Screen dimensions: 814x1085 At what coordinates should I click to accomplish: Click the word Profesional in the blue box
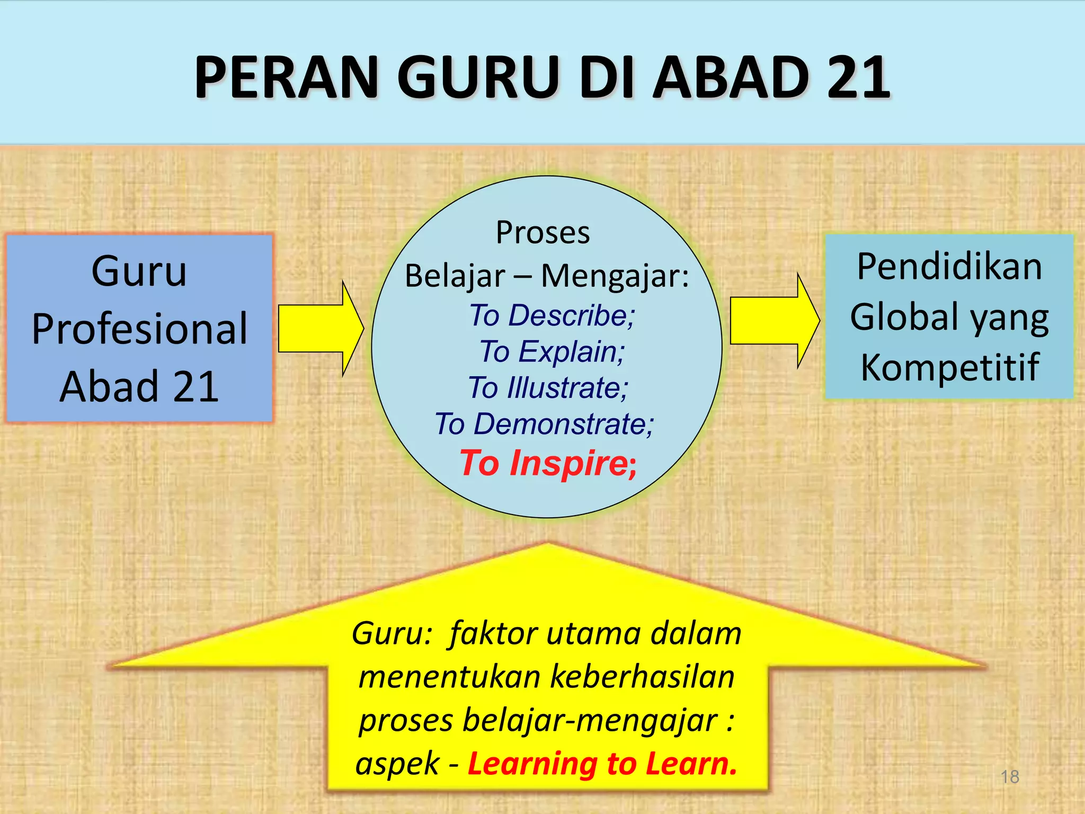(x=139, y=329)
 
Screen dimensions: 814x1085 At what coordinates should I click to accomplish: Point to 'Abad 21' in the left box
(x=139, y=386)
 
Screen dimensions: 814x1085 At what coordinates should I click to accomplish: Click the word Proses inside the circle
(x=542, y=233)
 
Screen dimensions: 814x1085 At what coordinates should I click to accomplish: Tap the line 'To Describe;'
(x=552, y=315)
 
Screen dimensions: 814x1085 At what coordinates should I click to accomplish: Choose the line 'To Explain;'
(x=552, y=351)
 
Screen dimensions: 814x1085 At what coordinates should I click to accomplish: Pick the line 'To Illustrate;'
(x=548, y=387)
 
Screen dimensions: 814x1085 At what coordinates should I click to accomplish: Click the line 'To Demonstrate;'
(x=544, y=424)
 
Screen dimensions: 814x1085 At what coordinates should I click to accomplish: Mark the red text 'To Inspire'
(x=544, y=463)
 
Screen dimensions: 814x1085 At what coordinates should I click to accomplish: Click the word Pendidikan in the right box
(x=949, y=266)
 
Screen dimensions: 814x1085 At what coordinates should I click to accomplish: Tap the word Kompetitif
(x=949, y=367)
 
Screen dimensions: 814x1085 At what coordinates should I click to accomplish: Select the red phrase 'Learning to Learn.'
(x=602, y=764)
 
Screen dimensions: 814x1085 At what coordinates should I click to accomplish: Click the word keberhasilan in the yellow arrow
(x=642, y=677)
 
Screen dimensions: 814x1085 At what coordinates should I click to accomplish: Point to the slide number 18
(x=1010, y=777)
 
